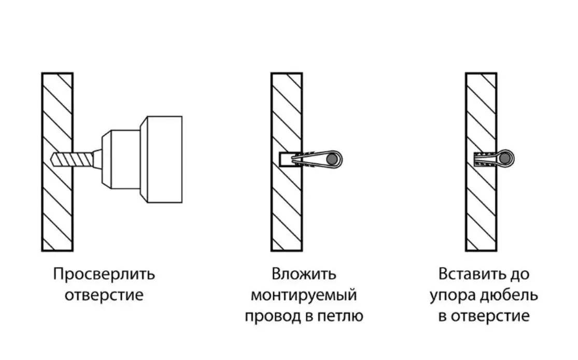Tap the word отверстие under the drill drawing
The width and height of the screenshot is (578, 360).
(x=104, y=296)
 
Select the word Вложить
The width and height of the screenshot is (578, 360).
(x=304, y=274)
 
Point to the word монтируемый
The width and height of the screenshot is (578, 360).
(x=304, y=296)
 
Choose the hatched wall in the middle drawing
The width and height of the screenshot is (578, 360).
(x=286, y=207)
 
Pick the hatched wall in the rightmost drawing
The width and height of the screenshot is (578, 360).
(x=481, y=207)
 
